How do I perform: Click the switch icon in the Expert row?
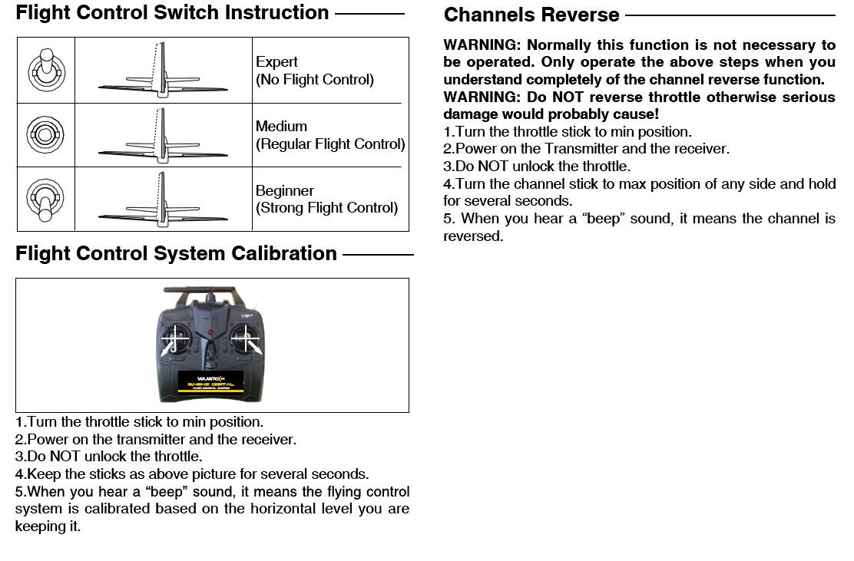coord(45,71)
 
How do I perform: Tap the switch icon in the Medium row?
coord(45,135)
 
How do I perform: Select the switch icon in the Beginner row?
coord(45,199)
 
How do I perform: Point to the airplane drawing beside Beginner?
coord(163,201)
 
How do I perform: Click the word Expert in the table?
coord(276,61)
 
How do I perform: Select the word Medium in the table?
coord(281,126)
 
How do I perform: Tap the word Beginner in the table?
coord(285,190)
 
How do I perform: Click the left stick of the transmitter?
coord(174,337)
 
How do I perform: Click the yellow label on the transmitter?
coord(210,381)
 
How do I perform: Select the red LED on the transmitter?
coord(210,332)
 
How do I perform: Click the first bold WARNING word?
coord(482,45)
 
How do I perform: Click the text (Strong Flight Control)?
coord(326,208)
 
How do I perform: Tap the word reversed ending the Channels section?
coord(472,236)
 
